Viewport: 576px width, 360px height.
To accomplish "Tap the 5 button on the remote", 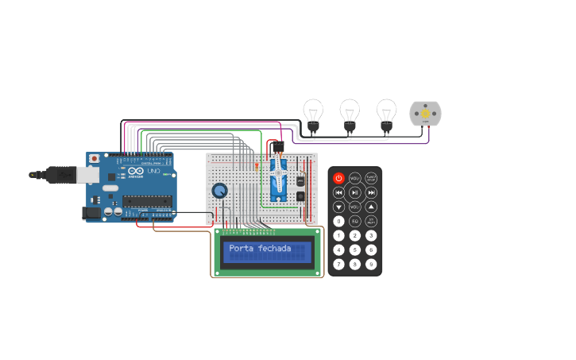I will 355,250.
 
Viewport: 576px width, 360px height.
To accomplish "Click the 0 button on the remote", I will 339,221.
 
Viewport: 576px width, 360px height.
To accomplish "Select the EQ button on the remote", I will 355,221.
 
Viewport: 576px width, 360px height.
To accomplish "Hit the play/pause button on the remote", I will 355,192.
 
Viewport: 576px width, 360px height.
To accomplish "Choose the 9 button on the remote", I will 371,264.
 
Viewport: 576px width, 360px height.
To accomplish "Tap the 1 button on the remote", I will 339,235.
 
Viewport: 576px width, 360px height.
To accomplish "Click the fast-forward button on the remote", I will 371,192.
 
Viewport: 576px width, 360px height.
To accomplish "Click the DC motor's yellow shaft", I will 425,114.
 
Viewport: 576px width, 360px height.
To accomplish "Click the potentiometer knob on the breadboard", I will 219,191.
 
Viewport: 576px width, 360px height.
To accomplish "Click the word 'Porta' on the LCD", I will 242,250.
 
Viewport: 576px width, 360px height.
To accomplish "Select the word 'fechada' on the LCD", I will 275,250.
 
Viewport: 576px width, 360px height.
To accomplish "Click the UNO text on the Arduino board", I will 153,172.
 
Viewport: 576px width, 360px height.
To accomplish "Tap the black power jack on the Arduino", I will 93,213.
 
